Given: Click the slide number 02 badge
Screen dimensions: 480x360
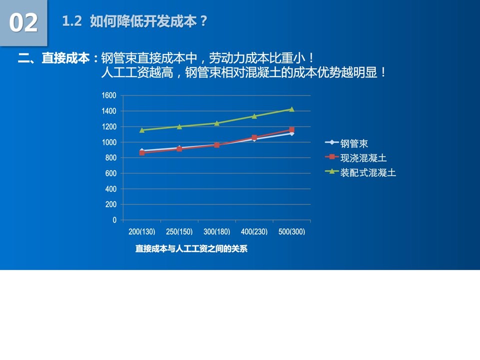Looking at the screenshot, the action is (x=23, y=23).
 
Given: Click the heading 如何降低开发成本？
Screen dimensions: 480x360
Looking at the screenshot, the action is (x=149, y=21).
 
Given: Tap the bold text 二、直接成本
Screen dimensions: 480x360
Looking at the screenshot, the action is (x=53, y=58).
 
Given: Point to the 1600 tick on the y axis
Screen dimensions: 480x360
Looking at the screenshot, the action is (x=109, y=95).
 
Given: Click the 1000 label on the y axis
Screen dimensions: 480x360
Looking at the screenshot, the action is (x=109, y=142).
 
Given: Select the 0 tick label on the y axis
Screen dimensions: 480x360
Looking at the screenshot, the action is (x=114, y=220).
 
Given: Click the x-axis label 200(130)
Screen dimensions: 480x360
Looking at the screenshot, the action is (x=141, y=231).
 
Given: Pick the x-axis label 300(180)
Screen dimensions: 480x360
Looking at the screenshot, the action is (x=216, y=231).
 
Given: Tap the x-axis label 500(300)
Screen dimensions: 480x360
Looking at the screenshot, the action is (x=291, y=231).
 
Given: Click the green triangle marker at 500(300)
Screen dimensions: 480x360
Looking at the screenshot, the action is (x=291, y=109).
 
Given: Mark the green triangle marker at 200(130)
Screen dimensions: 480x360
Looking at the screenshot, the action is (x=142, y=130).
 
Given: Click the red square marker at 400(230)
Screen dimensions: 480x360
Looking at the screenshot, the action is (x=254, y=137).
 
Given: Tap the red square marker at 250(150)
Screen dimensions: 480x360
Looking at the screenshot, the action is (x=179, y=149).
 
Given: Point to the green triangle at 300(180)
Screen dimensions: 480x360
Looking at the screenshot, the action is (x=216, y=123).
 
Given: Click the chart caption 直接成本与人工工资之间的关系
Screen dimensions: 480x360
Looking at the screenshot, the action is (x=191, y=249).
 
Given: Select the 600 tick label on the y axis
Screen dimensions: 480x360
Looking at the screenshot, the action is (x=111, y=173).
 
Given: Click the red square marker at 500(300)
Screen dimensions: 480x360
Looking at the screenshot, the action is (x=291, y=129).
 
